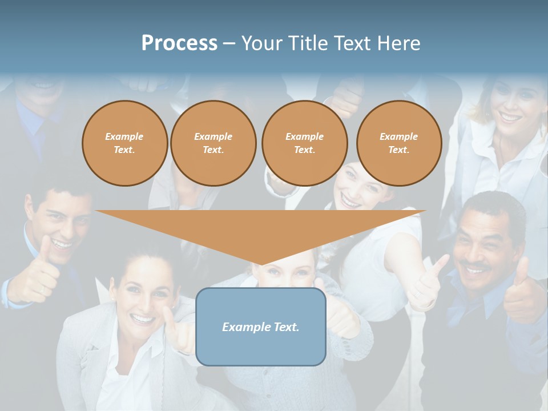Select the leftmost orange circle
[124, 143]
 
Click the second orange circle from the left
[213, 143]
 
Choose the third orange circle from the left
[304, 143]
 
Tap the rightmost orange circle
[399, 143]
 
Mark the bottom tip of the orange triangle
[261, 264]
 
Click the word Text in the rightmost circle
[399, 150]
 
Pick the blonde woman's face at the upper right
[507, 106]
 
